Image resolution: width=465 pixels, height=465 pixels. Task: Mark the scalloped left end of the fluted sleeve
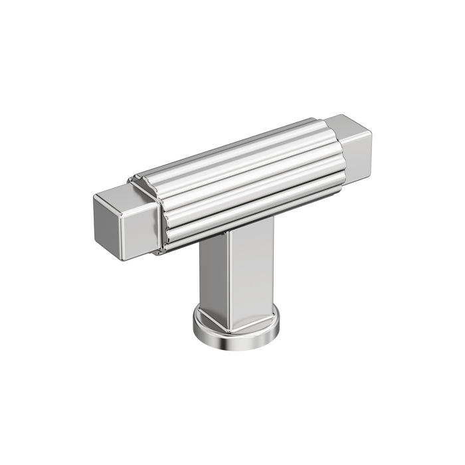point(157,213)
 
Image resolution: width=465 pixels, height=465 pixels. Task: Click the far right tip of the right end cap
point(371,143)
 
